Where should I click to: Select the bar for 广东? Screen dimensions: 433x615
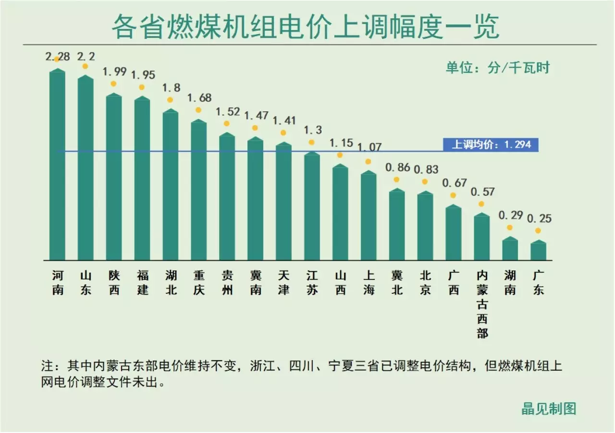(538, 251)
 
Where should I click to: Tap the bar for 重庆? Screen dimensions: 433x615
(199, 190)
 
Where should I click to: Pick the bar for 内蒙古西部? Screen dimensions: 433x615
(482, 237)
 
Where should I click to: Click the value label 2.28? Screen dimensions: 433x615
(58, 56)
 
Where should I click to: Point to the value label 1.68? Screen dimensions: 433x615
(199, 98)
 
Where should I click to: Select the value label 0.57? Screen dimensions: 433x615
(482, 192)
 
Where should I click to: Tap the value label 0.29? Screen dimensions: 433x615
(510, 216)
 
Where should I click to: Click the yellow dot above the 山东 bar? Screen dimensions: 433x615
(86, 66)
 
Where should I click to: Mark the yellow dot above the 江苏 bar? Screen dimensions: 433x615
(312, 142)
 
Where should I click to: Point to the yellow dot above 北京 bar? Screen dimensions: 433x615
(425, 181)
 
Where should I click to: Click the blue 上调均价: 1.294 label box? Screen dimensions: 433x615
(491, 144)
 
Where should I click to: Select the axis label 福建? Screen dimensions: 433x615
(143, 283)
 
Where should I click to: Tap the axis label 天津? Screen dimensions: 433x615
(284, 283)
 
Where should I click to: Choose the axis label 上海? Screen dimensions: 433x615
(369, 283)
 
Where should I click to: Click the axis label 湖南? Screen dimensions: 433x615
(510, 283)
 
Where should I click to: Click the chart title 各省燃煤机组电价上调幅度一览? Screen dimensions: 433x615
(306, 27)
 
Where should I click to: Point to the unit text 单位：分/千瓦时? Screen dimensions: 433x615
(497, 68)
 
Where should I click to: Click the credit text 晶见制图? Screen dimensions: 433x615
(549, 409)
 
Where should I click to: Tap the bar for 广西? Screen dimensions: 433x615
(454, 233)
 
